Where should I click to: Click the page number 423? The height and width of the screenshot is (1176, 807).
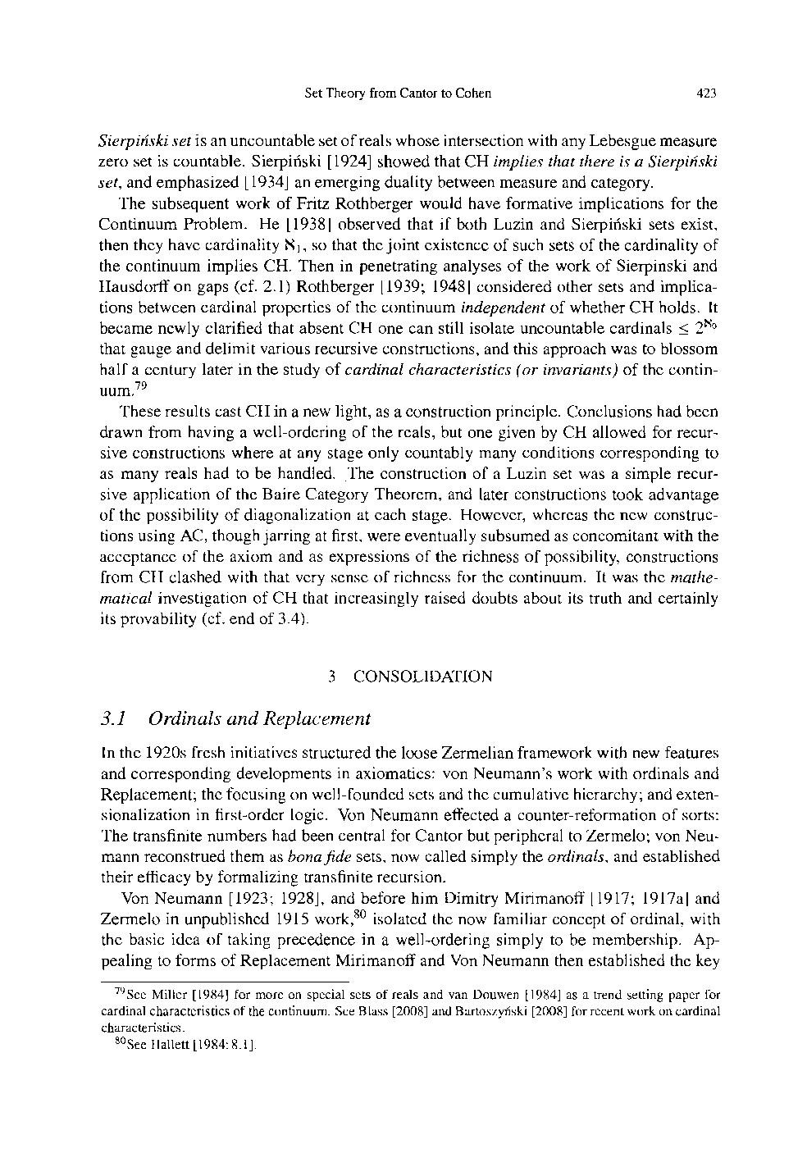pyautogui.click(x=706, y=93)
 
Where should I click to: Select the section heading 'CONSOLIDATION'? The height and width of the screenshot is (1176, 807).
pyautogui.click(x=422, y=677)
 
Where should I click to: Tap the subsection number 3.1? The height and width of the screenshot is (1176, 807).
pyautogui.click(x=112, y=719)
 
